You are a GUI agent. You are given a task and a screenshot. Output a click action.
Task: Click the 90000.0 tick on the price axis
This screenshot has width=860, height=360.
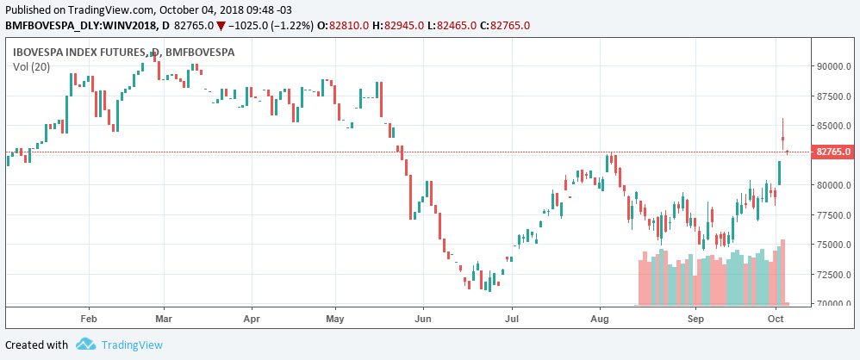pyautogui.click(x=833, y=66)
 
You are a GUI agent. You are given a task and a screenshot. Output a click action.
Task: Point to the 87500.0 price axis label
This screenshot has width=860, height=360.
pyautogui.click(x=833, y=96)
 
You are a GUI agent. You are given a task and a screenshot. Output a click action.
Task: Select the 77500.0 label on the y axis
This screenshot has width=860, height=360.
pyautogui.click(x=833, y=215)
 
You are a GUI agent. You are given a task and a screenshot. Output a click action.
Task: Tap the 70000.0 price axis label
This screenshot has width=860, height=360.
pyautogui.click(x=833, y=304)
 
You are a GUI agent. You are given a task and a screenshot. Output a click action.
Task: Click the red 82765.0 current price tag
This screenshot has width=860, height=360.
pyautogui.click(x=833, y=152)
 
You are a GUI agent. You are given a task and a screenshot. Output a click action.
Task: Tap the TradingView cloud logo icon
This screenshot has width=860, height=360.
pyautogui.click(x=84, y=344)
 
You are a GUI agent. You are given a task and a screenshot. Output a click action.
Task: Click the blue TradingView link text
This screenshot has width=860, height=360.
pyautogui.click(x=132, y=344)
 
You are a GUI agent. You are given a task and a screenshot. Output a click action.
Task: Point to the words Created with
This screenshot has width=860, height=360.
pyautogui.click(x=37, y=344)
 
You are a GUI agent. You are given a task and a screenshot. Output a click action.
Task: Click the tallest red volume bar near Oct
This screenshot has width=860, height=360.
pyautogui.click(x=782, y=272)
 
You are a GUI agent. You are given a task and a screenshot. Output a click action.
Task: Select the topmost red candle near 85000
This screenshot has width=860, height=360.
pyautogui.click(x=783, y=138)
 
